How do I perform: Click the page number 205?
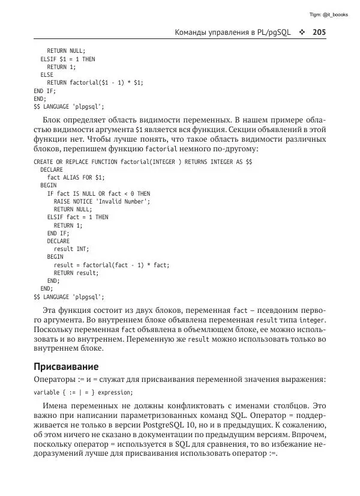(319, 32)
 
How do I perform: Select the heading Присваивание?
(66, 366)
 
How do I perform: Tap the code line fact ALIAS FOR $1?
(76, 178)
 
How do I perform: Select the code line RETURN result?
(76, 272)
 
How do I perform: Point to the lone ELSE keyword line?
(47, 75)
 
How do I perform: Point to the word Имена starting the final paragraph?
(57, 407)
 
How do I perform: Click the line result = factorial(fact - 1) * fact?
(112, 264)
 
